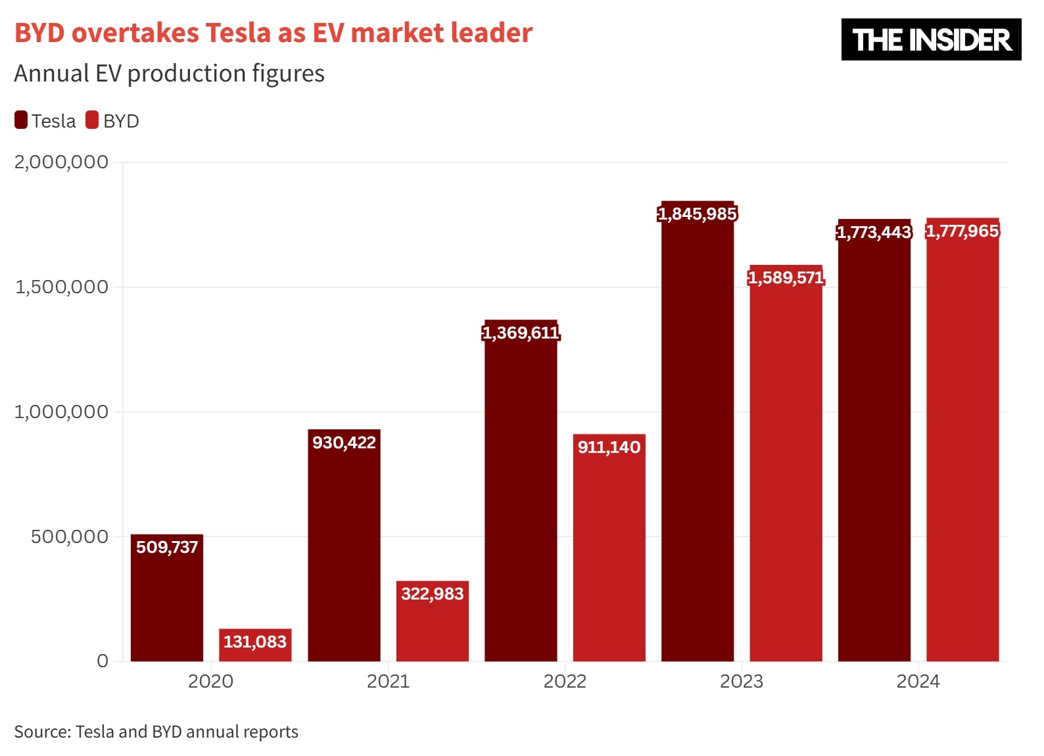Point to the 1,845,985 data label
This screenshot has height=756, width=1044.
(x=698, y=214)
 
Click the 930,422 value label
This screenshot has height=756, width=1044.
(x=344, y=442)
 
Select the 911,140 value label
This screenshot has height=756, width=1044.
(x=609, y=447)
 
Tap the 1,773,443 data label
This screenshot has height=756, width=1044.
(x=874, y=232)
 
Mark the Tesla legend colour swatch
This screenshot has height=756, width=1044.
(x=21, y=120)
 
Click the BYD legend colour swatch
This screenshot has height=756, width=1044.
(x=92, y=120)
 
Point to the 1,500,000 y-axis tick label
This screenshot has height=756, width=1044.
(x=61, y=287)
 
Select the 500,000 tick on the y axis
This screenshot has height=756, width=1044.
(x=70, y=536)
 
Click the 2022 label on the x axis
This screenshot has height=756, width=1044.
(x=565, y=681)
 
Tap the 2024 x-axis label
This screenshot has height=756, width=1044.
(x=918, y=681)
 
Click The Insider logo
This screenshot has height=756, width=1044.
(x=931, y=39)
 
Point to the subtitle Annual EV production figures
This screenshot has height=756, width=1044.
(x=169, y=74)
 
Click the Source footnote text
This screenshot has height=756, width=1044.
(x=156, y=732)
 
